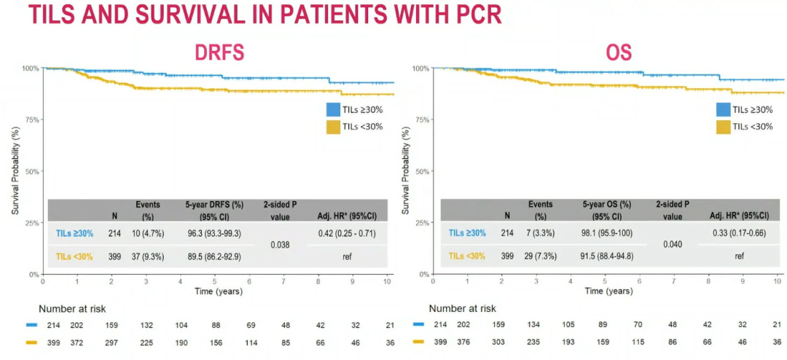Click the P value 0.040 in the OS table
pyautogui.click(x=672, y=246)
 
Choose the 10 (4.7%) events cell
pyautogui.click(x=148, y=233)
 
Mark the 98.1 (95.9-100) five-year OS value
pyautogui.click(x=606, y=233)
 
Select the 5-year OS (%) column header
pyautogui.click(x=606, y=210)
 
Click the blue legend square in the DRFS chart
pyautogui.click(x=333, y=109)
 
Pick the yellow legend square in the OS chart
pyautogui.click(x=723, y=127)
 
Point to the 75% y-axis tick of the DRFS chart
pyautogui.click(x=31, y=120)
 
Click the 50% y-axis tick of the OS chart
pyautogui.click(x=421, y=171)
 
